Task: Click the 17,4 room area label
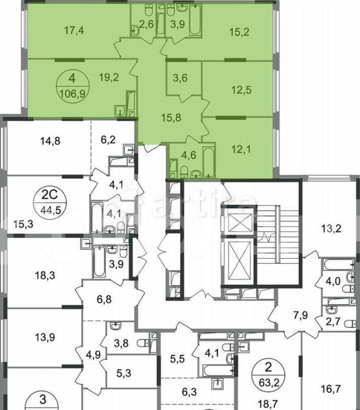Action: pos(77,29)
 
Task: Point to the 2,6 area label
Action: pos(146,24)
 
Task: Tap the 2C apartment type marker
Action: pos(53,195)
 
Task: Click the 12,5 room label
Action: pos(240,91)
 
